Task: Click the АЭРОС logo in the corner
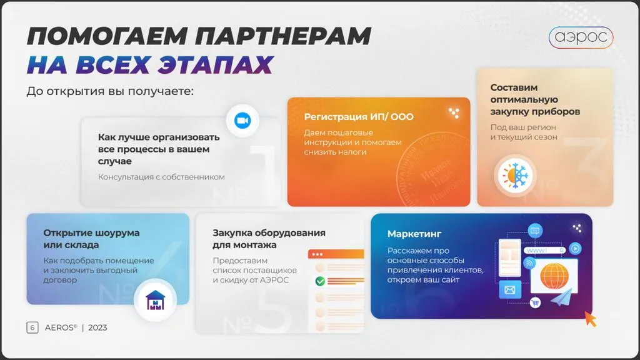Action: (581, 37)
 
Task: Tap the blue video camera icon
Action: (242, 121)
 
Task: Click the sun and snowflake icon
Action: (515, 176)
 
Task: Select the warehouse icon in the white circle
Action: (155, 300)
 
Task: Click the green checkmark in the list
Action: (320, 281)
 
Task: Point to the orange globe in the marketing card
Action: (554, 276)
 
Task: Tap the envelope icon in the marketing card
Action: (510, 290)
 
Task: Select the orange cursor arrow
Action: (590, 319)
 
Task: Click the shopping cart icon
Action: (535, 302)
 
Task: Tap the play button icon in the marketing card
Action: (575, 249)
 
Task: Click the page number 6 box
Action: (32, 327)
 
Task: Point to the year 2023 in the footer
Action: (97, 327)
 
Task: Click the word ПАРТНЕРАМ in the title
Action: (283, 36)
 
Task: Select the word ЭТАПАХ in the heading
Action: (216, 64)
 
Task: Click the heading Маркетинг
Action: (414, 234)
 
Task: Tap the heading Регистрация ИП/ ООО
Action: (359, 117)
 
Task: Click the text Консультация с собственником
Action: (161, 177)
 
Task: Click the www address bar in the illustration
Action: (545, 250)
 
